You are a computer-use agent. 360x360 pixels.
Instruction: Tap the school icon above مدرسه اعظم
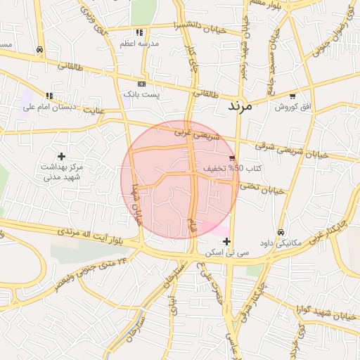(x=139, y=32)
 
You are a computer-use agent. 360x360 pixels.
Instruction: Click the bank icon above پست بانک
(x=142, y=83)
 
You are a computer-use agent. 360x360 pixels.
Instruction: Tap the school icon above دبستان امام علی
(x=49, y=96)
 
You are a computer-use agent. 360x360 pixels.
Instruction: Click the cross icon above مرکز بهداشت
(x=61, y=155)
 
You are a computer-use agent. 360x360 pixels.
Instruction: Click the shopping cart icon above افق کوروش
(x=292, y=96)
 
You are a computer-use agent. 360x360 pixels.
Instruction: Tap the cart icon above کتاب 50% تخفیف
(x=232, y=158)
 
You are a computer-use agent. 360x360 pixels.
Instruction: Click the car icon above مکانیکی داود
(x=281, y=232)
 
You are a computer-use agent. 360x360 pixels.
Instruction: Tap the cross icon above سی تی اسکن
(x=226, y=241)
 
